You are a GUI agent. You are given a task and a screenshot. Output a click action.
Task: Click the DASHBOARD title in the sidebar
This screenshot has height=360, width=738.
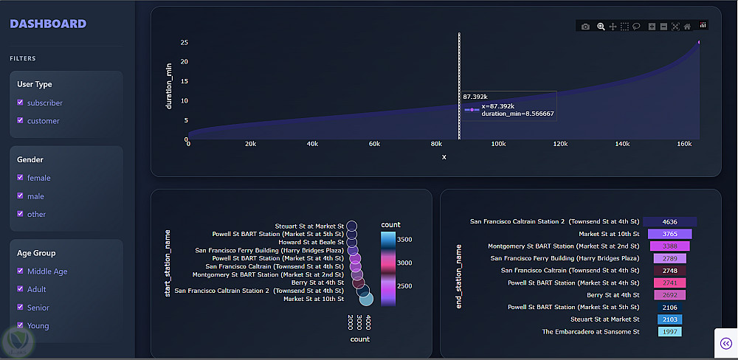point(48,24)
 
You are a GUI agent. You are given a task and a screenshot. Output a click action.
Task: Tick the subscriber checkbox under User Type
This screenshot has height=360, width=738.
point(21,103)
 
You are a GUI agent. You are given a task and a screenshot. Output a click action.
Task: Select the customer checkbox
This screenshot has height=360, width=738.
point(21,120)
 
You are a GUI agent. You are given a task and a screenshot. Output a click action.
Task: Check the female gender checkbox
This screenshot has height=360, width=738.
point(21,178)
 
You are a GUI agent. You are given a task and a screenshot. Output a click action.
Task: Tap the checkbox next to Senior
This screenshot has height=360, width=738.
point(21,308)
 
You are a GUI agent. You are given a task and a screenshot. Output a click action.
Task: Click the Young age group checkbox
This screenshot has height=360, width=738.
point(21,325)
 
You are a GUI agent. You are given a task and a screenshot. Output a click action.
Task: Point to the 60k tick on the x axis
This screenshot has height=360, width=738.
point(374,144)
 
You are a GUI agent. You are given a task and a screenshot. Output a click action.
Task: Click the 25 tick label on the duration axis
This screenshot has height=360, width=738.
point(183,42)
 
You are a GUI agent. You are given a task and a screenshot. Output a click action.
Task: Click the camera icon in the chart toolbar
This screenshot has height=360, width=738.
point(585,27)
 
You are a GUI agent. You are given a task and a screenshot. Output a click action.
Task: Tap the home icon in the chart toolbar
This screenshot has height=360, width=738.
point(687,27)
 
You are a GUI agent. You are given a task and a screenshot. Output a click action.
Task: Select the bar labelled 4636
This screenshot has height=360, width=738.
point(669,221)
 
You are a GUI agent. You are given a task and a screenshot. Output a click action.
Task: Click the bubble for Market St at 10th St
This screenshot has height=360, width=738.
point(366,299)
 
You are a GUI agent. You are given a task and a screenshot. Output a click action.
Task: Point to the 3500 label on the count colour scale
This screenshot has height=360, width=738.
point(404,240)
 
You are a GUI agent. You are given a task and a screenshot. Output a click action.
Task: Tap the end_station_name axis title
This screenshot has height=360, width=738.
point(458,277)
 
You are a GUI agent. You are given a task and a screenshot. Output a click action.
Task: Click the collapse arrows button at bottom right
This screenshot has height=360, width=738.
point(725,343)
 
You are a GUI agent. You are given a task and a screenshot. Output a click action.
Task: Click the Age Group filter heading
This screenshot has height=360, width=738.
point(36,253)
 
